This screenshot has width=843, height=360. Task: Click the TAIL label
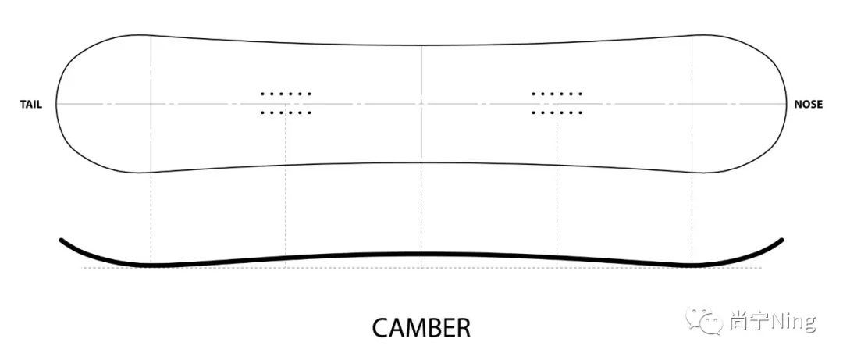click(x=30, y=104)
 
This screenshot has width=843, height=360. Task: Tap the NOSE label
click(x=808, y=104)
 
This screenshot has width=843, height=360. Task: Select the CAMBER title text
click(x=421, y=327)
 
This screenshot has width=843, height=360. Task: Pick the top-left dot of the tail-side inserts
click(x=262, y=94)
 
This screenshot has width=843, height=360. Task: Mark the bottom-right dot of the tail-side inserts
click(x=310, y=112)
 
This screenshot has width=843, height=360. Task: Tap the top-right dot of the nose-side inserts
click(x=581, y=94)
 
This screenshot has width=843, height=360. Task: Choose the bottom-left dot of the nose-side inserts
click(x=533, y=112)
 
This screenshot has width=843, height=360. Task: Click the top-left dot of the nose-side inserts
click(x=533, y=94)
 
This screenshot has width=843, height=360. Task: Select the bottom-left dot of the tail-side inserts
click(x=262, y=112)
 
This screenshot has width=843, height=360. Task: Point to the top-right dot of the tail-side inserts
click(x=310, y=94)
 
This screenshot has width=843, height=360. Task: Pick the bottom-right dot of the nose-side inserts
click(x=581, y=112)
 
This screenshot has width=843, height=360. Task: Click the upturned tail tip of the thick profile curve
click(x=62, y=241)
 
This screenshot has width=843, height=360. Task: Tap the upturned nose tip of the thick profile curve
click(x=781, y=241)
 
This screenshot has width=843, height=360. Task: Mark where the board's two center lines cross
click(x=421, y=103)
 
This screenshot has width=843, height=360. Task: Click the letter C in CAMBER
click(x=380, y=327)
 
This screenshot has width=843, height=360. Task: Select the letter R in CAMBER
click(x=463, y=327)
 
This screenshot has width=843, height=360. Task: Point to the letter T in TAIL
click(x=23, y=104)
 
